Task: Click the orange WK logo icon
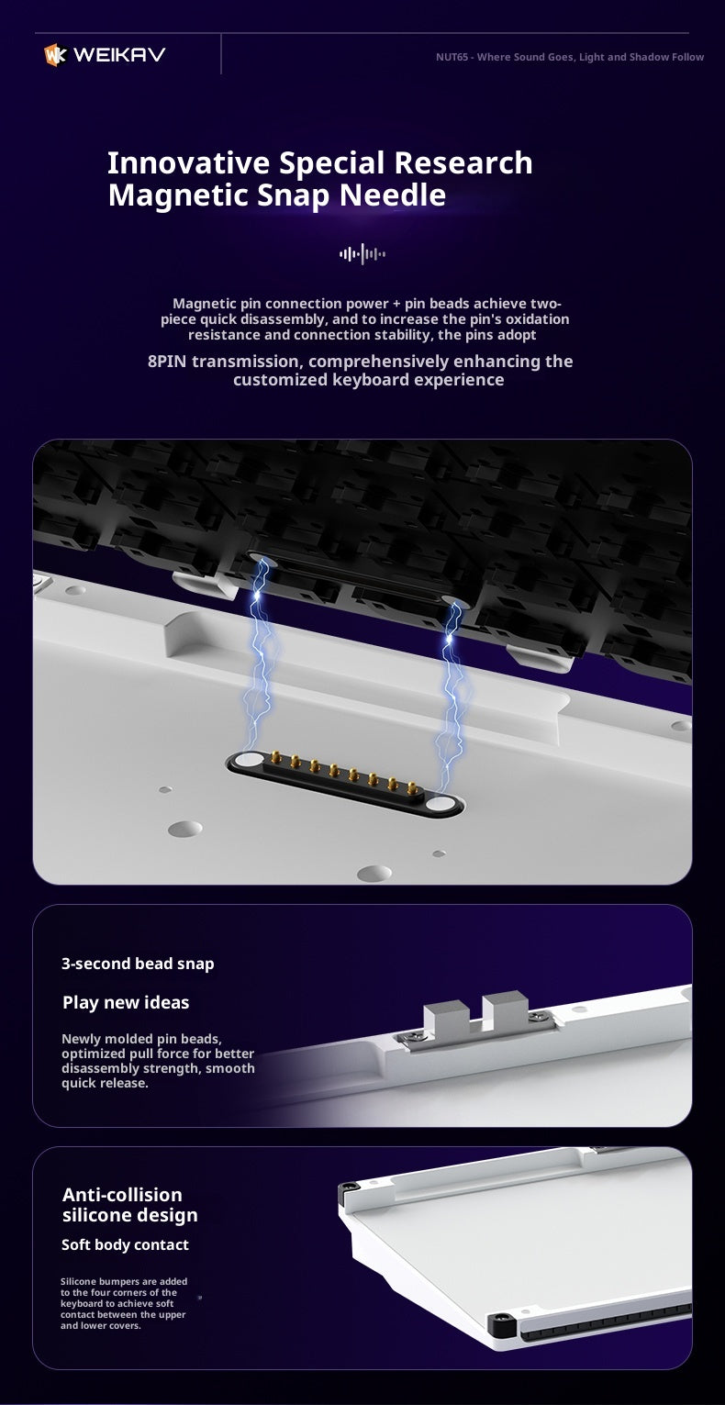point(55,55)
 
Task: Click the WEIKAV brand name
point(119,55)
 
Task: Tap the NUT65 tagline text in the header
point(570,57)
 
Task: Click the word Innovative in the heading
point(189,162)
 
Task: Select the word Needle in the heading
point(393,195)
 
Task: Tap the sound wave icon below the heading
point(362,254)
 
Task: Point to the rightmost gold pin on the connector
point(412,788)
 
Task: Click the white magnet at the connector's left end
point(249,760)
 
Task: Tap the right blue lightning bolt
point(452,697)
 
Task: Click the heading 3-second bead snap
point(138,964)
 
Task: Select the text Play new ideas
point(126,1002)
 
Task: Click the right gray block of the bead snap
point(506,1007)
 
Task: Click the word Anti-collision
point(122,1194)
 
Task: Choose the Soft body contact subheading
point(125,1244)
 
